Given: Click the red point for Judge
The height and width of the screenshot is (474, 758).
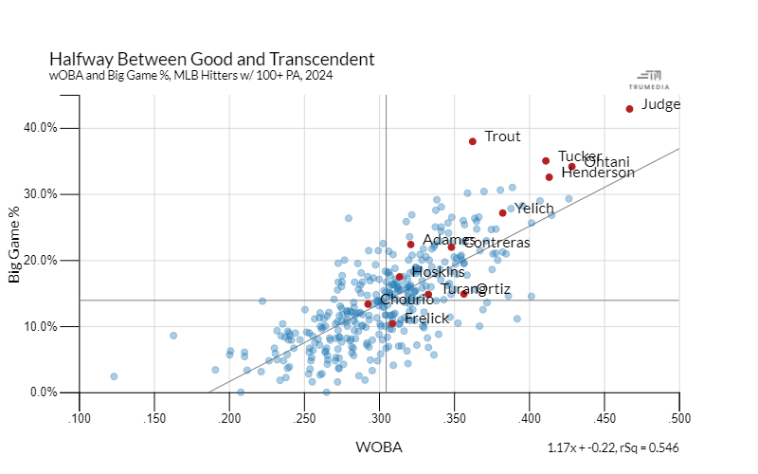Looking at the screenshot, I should point(629,109).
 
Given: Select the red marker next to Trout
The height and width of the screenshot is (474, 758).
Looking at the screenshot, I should point(472,141).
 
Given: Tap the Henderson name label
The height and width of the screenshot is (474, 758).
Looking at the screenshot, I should point(598,173).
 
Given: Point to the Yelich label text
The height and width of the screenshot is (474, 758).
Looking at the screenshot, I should point(534,208).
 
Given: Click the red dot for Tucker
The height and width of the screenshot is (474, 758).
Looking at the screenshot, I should point(546,161).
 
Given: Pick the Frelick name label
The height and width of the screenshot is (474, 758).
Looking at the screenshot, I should point(426,319).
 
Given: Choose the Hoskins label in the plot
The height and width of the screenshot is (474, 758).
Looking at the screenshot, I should point(439,272).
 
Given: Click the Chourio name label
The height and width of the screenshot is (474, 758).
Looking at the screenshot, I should point(406,300).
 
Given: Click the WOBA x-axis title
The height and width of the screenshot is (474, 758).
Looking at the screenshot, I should point(378,447).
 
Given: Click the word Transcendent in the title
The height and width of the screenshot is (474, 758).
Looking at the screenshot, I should point(321,59).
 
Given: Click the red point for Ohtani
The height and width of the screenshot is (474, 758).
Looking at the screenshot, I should point(571,166).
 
